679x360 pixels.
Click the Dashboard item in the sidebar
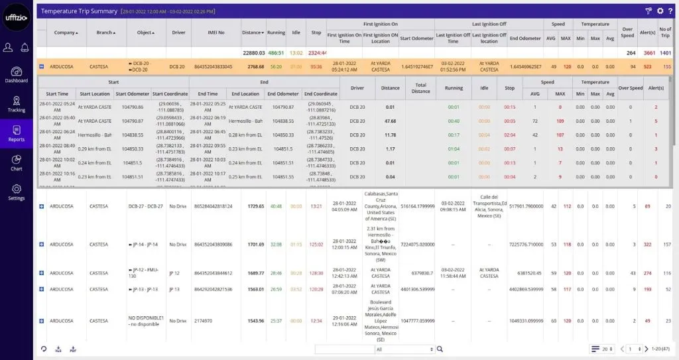[x=17, y=74]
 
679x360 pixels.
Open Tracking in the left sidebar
[x=17, y=103]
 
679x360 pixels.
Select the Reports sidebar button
[x=17, y=133]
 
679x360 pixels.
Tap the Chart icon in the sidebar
[x=17, y=162]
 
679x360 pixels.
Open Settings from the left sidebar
[x=17, y=192]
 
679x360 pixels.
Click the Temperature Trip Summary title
[x=79, y=11]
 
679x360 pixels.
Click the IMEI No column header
[x=212, y=32]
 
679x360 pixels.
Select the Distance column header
[x=253, y=32]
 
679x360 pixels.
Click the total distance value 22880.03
[x=253, y=52]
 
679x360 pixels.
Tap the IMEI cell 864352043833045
[x=212, y=66]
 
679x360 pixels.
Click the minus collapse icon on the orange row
[x=42, y=66]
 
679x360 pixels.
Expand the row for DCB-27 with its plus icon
[x=42, y=206]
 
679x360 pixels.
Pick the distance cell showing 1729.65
[x=256, y=206]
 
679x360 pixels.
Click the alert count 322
[x=647, y=245]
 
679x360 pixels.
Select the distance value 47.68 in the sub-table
[x=391, y=121]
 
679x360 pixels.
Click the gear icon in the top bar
[x=660, y=11]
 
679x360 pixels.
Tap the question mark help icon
[x=671, y=11]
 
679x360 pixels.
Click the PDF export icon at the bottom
[x=73, y=349]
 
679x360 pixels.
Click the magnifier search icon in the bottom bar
[x=440, y=349]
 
